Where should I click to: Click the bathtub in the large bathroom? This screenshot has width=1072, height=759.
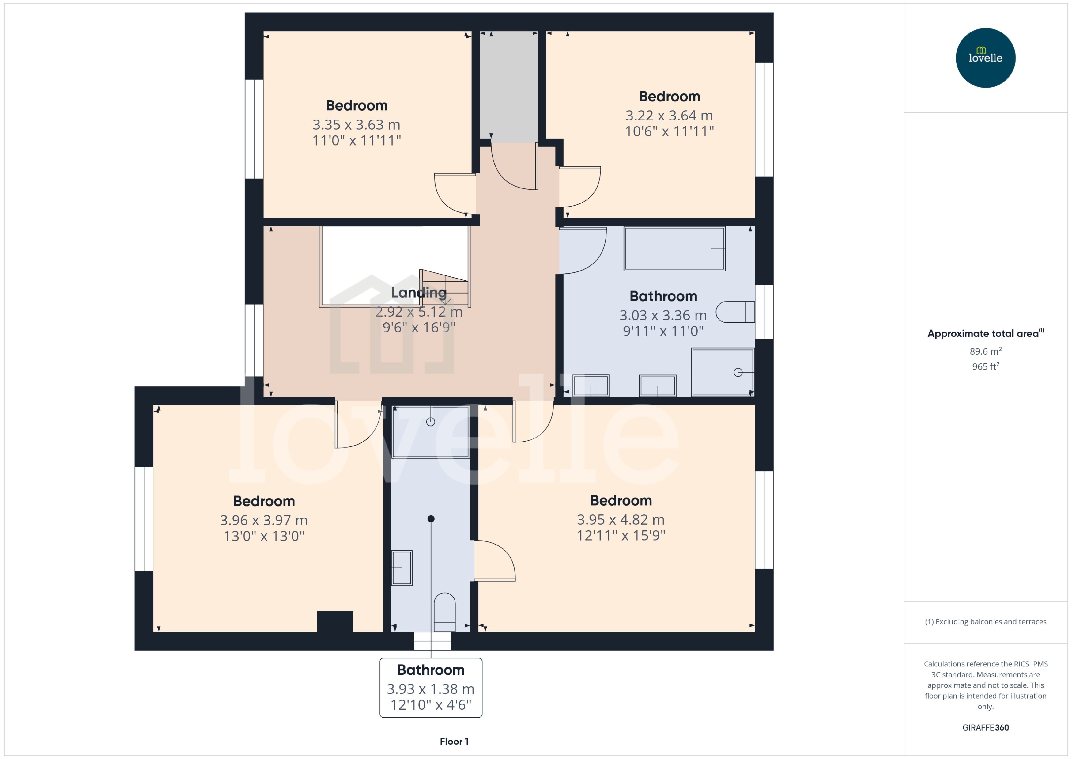pos(674,249)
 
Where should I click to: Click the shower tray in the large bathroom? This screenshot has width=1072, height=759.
pos(722,372)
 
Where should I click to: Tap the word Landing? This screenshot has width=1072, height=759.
pos(418,293)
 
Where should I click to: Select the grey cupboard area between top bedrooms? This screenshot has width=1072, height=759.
pos(509,86)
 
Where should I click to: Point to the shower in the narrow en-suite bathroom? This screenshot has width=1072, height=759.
pos(430,431)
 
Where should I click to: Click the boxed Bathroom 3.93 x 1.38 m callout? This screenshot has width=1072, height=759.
pos(430,687)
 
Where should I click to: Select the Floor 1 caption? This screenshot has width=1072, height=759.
pos(454,741)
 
